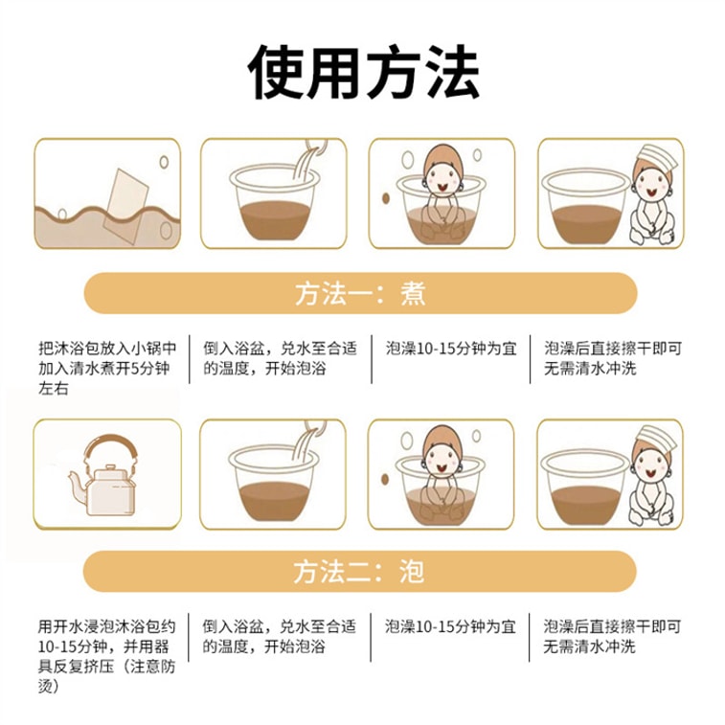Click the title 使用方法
(363, 73)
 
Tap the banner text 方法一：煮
(360, 294)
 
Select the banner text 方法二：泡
(359, 572)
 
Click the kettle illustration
(104, 475)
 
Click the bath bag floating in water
(125, 206)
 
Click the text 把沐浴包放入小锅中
(107, 349)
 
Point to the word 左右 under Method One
(54, 389)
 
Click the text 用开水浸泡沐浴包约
(107, 626)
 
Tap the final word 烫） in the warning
(49, 686)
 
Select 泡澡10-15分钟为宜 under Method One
(451, 349)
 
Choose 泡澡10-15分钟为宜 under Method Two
(450, 626)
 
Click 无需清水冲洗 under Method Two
(590, 646)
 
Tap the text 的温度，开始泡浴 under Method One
(264, 369)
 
